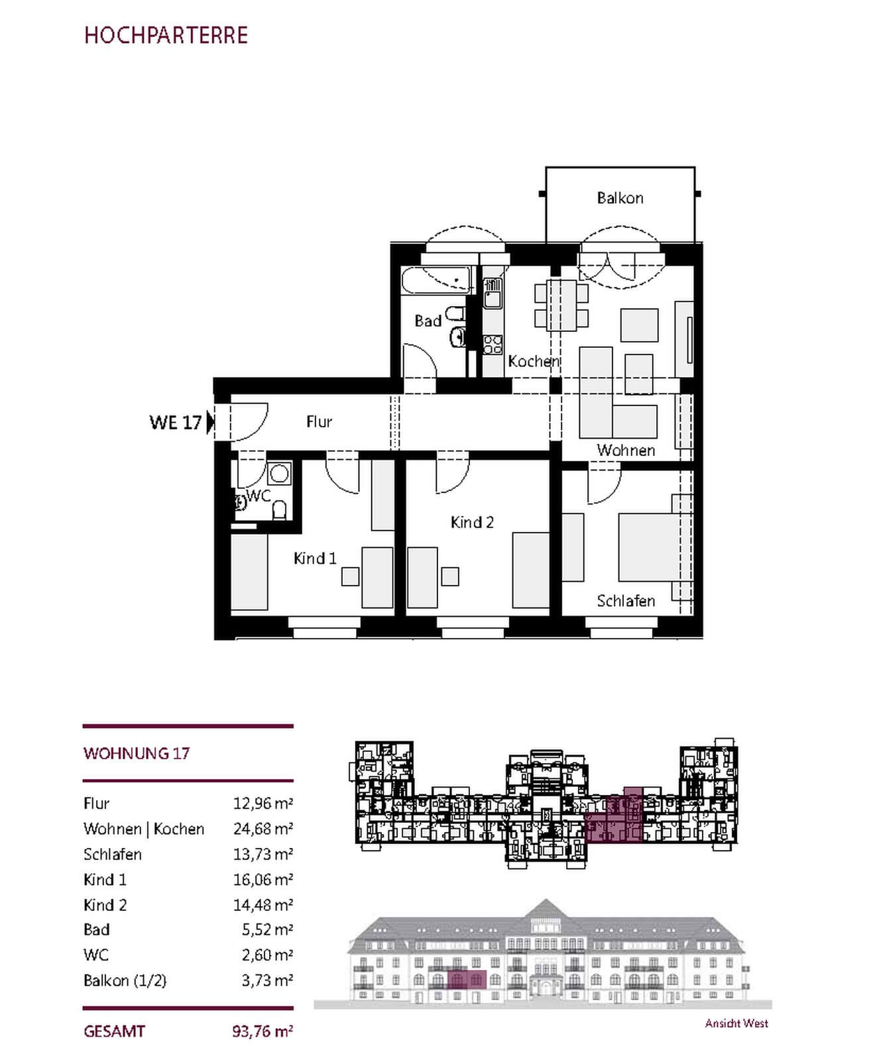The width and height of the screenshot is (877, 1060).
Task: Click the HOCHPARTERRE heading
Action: (166, 35)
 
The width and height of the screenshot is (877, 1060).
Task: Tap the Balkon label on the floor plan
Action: (620, 198)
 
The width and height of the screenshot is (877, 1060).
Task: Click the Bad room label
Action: (428, 321)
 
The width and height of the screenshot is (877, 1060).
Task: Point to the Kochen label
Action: (534, 362)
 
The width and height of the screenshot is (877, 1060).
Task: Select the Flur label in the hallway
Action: (319, 422)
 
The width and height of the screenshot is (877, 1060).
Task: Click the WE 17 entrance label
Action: (175, 423)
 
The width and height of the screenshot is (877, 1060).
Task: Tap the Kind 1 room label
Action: (315, 558)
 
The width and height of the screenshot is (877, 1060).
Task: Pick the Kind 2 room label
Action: (472, 523)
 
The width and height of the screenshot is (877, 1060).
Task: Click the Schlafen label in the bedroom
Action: (626, 601)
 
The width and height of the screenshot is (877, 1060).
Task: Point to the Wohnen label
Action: (626, 450)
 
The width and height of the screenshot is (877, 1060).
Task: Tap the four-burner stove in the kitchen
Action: (493, 344)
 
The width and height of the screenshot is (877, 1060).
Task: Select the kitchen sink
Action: (492, 293)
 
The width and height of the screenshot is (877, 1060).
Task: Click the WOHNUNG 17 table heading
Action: (137, 753)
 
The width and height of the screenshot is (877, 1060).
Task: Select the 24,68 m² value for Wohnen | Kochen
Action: (263, 829)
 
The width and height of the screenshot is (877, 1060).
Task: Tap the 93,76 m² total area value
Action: (263, 1032)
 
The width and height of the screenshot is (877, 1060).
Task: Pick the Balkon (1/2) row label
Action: (125, 980)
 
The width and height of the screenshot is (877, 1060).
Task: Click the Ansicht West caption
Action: (736, 1024)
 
